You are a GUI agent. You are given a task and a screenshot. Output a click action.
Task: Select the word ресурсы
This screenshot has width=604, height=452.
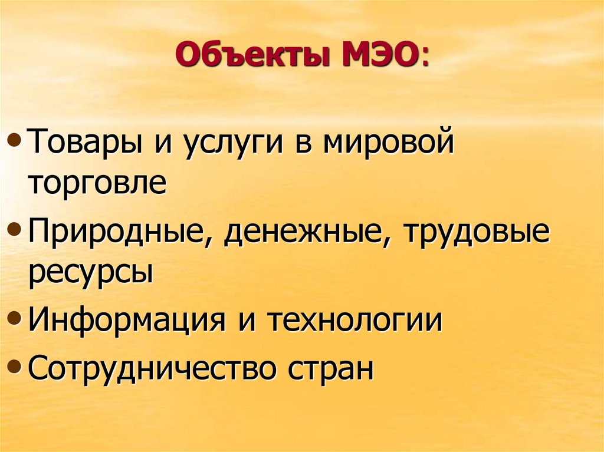click(90, 272)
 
